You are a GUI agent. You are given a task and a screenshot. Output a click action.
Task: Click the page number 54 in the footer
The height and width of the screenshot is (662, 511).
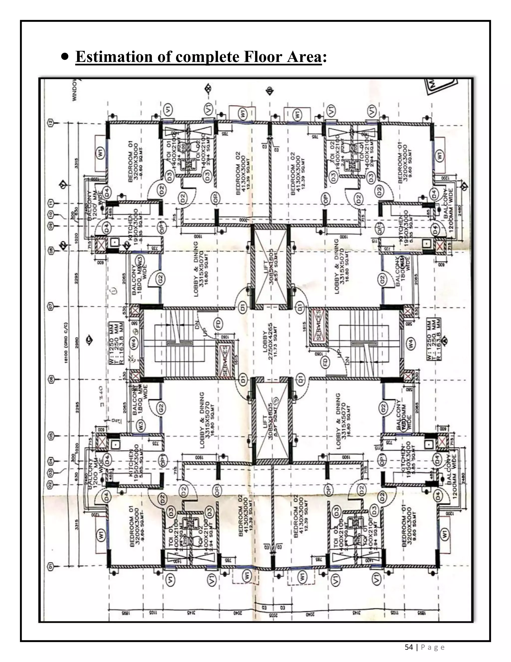tap(409, 647)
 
